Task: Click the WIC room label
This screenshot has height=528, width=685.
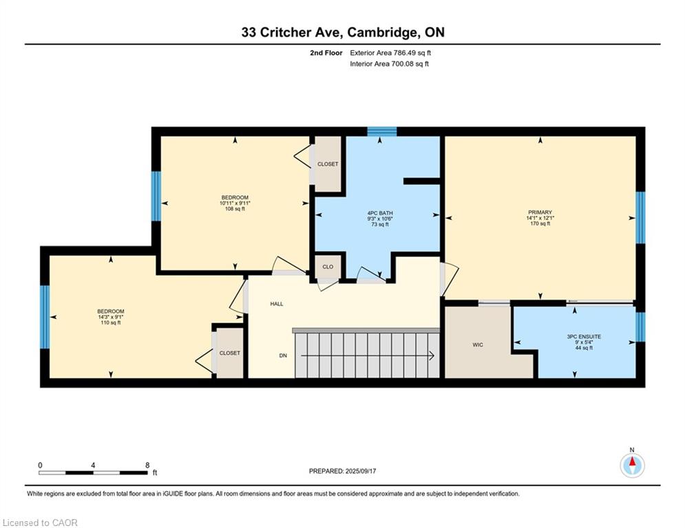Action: pyautogui.click(x=478, y=344)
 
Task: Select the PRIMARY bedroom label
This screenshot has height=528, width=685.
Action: pyautogui.click(x=540, y=212)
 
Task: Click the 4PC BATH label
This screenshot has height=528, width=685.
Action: pyautogui.click(x=379, y=213)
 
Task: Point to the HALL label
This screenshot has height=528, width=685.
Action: pyautogui.click(x=277, y=304)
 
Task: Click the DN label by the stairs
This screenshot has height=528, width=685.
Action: pyautogui.click(x=283, y=355)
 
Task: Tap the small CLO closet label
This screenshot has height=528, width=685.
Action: pyautogui.click(x=328, y=267)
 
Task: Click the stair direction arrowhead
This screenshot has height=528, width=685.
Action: pyautogui.click(x=432, y=355)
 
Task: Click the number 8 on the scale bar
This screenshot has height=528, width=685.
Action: pyautogui.click(x=147, y=465)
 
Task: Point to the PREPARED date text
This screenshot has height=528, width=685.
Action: pyautogui.click(x=343, y=471)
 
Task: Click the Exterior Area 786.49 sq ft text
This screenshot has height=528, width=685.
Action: pyautogui.click(x=390, y=53)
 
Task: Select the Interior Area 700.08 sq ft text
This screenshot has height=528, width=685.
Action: pyautogui.click(x=389, y=64)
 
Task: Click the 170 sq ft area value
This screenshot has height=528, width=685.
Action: pyautogui.click(x=540, y=223)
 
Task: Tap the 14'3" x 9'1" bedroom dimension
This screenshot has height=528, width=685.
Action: pyautogui.click(x=111, y=317)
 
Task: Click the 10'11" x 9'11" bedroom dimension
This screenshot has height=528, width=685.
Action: pyautogui.click(x=235, y=203)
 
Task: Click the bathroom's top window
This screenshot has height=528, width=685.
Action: pyautogui.click(x=382, y=131)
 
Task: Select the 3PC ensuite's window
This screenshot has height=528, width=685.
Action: pyautogui.click(x=640, y=327)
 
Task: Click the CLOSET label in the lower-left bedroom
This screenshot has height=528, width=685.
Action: pyautogui.click(x=230, y=353)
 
